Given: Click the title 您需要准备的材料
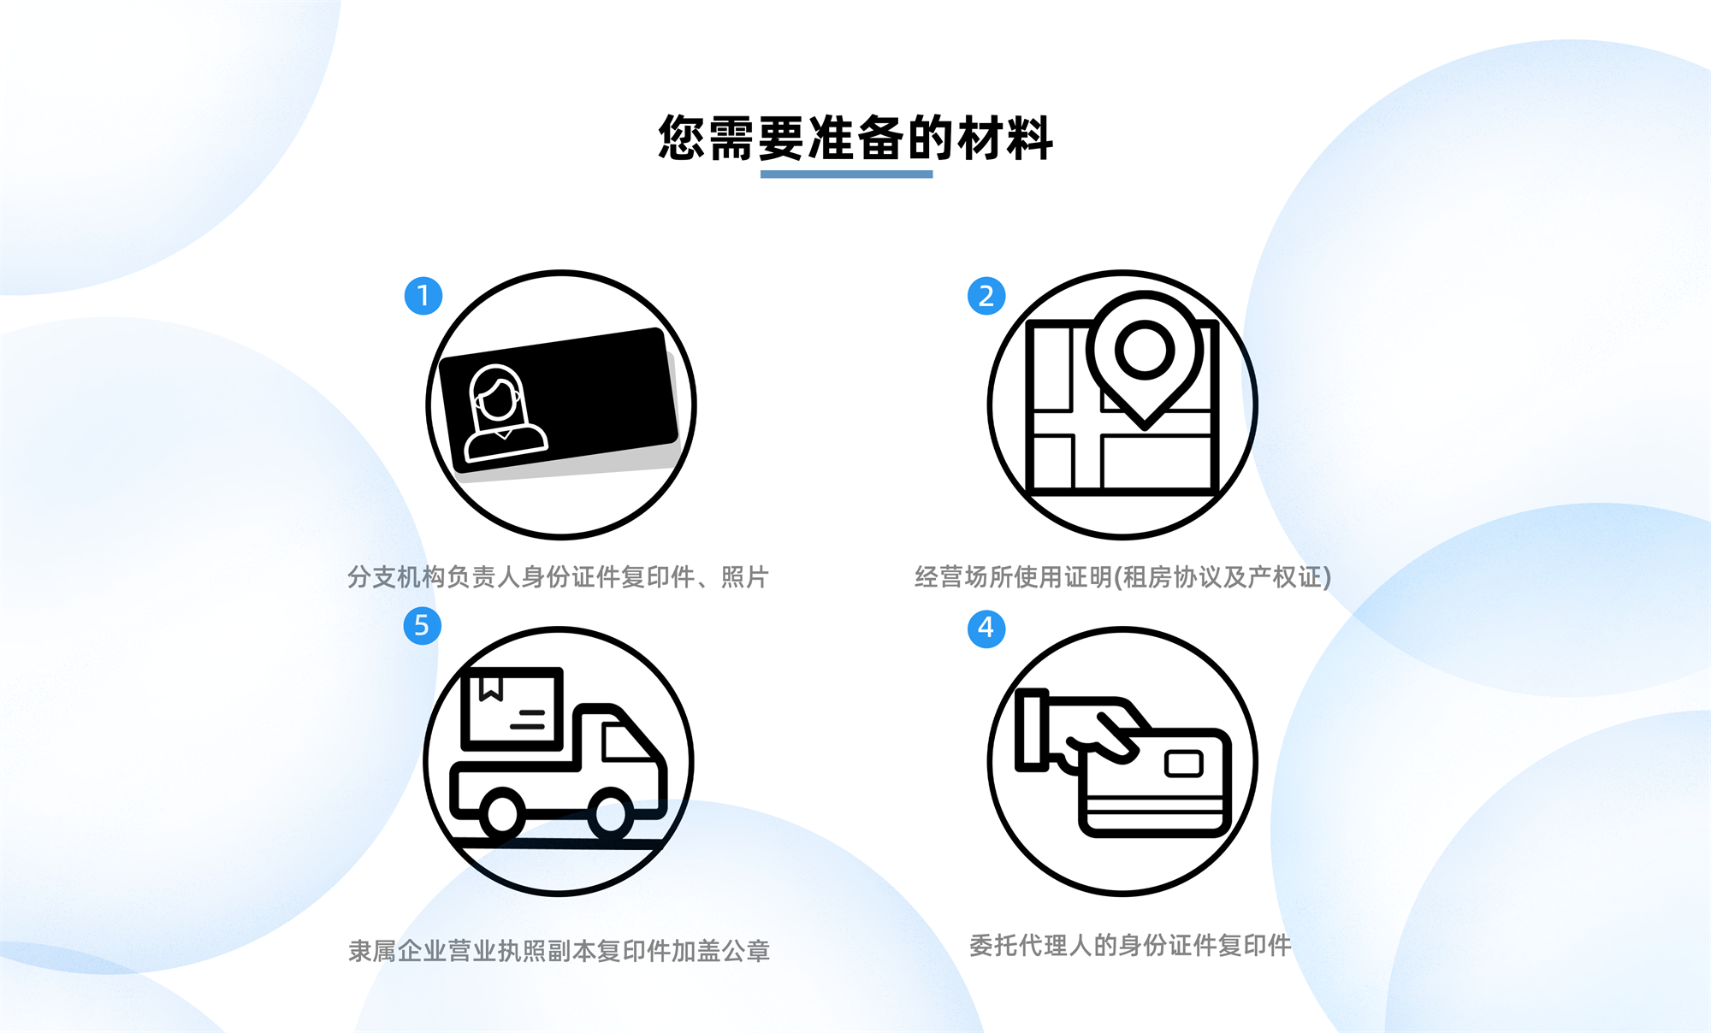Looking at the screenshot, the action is pyautogui.click(x=855, y=138).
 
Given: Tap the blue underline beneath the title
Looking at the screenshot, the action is pyautogui.click(x=846, y=174).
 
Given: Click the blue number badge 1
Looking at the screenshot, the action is pyautogui.click(x=423, y=296).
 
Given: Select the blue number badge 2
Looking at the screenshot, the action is pyautogui.click(x=986, y=296).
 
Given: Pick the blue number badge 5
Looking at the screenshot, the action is pyautogui.click(x=422, y=626).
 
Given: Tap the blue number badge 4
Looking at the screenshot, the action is pyautogui.click(x=986, y=629).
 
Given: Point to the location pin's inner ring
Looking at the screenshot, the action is pyautogui.click(x=1145, y=350).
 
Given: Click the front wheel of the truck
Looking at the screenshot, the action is pyautogui.click(x=611, y=812).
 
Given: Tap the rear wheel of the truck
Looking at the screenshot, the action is pyautogui.click(x=502, y=812).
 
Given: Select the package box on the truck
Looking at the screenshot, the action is pyautogui.click(x=512, y=709).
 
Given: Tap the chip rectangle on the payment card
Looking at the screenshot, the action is pyautogui.click(x=1184, y=763).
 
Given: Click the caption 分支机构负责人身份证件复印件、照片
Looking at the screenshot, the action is pyautogui.click(x=558, y=577).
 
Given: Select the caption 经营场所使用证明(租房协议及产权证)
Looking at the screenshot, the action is pyautogui.click(x=1123, y=577).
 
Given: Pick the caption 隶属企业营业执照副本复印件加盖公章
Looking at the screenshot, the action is pyautogui.click(x=559, y=951).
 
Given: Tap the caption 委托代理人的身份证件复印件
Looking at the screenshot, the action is pyautogui.click(x=1130, y=945).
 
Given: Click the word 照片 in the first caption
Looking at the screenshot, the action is pyautogui.click(x=745, y=577).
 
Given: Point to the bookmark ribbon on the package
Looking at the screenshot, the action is pyautogui.click(x=490, y=688).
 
